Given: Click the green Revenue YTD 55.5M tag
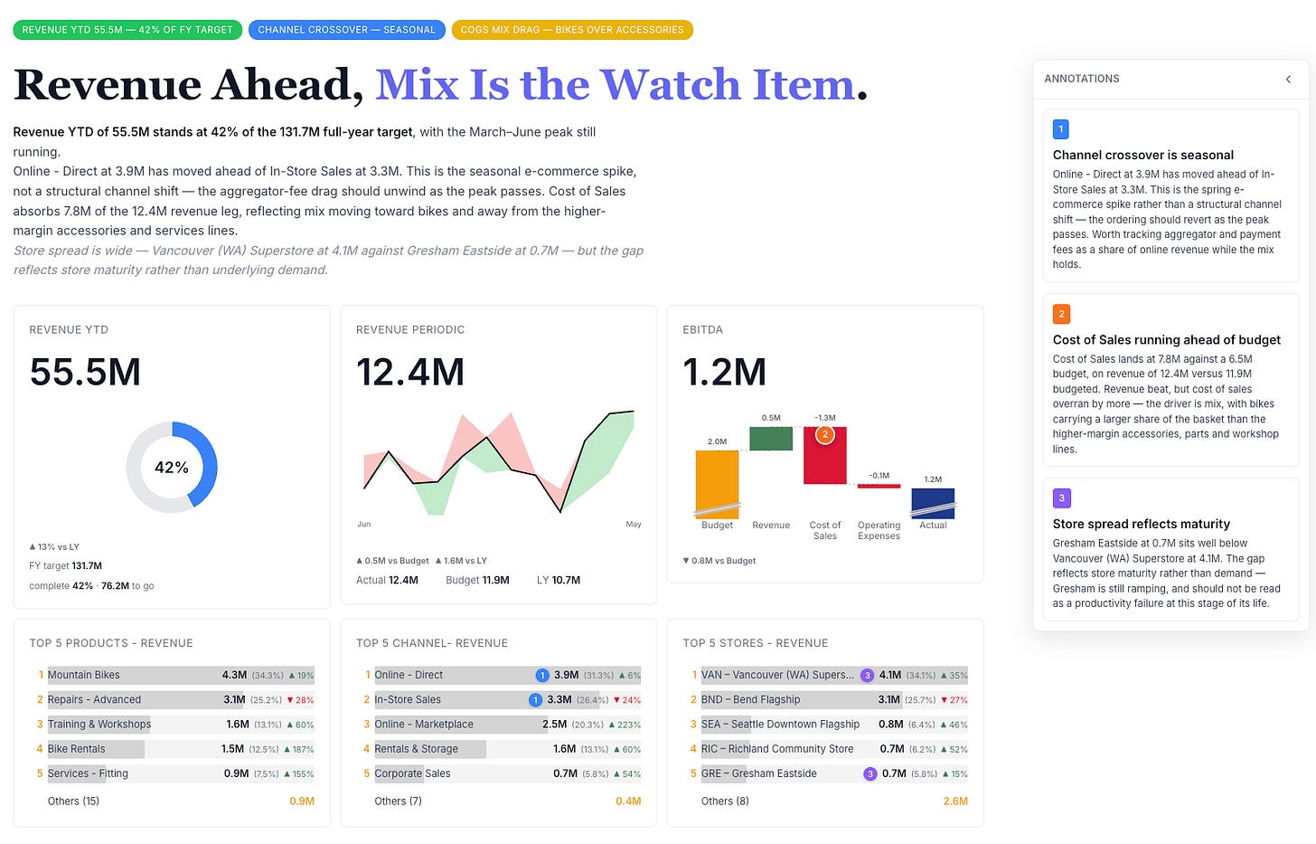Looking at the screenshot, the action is pyautogui.click(x=127, y=30).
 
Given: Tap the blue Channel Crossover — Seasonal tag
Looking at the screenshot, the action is pyautogui.click(x=347, y=30).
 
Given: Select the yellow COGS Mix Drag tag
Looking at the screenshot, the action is pyautogui.click(x=572, y=30).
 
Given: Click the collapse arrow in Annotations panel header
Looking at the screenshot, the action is pyautogui.click(x=1288, y=79).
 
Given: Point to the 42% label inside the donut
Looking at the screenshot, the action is pyautogui.click(x=172, y=468).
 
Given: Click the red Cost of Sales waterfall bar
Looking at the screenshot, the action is pyautogui.click(x=825, y=455).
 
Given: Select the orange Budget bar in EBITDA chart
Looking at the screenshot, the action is pyautogui.click(x=717, y=484).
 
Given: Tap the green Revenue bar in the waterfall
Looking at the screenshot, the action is pyautogui.click(x=771, y=439).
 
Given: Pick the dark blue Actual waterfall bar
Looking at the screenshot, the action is pyautogui.click(x=933, y=504).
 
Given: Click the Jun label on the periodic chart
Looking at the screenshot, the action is pyautogui.click(x=363, y=524).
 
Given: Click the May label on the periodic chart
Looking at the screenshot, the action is pyautogui.click(x=634, y=524).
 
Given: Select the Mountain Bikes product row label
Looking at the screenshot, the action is pyautogui.click(x=83, y=675).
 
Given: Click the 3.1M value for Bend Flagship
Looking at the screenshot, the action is pyautogui.click(x=888, y=700).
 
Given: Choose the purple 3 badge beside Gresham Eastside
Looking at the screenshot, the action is pyautogui.click(x=870, y=774).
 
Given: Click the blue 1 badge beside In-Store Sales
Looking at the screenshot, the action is pyautogui.click(x=535, y=700).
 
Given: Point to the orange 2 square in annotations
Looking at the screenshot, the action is pyautogui.click(x=1062, y=314).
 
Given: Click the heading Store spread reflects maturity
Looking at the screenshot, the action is pyautogui.click(x=1142, y=524).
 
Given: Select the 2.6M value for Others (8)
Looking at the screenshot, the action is pyautogui.click(x=955, y=801).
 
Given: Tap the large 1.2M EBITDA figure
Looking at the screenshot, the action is pyautogui.click(x=724, y=372).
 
